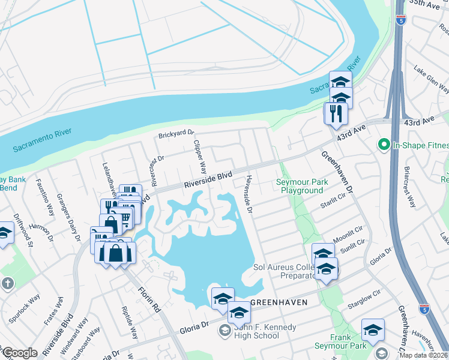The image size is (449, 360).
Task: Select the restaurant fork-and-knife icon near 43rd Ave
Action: click(x=336, y=113)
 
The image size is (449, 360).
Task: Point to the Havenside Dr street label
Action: click(x=249, y=195)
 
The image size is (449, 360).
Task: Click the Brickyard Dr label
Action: click(x=176, y=134)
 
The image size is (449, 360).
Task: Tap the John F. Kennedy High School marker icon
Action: click(x=224, y=329)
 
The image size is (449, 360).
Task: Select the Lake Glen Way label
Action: click(x=430, y=81)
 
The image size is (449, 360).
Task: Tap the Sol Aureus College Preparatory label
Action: click(x=285, y=271)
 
